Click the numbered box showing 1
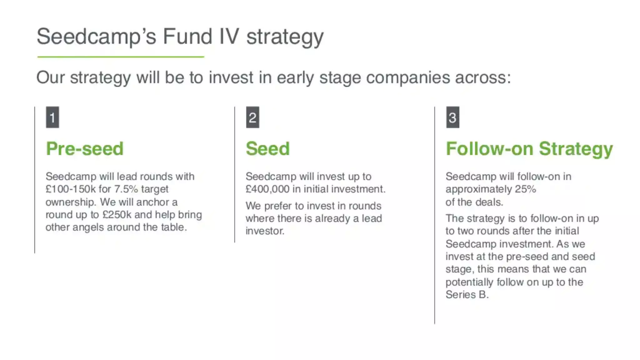pyautogui.click(x=52, y=117)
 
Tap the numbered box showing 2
pyautogui.click(x=252, y=117)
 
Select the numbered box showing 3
pyautogui.click(x=452, y=117)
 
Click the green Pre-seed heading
pyautogui.click(x=85, y=148)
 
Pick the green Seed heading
pyautogui.click(x=267, y=148)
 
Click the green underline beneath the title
pyautogui.click(x=121, y=57)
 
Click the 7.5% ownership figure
pyautogui.click(x=126, y=189)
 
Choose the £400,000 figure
pyautogui.click(x=267, y=189)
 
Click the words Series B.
pyautogui.click(x=467, y=294)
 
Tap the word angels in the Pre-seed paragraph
pyautogui.click(x=88, y=227)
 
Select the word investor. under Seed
pyautogui.click(x=265, y=231)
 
